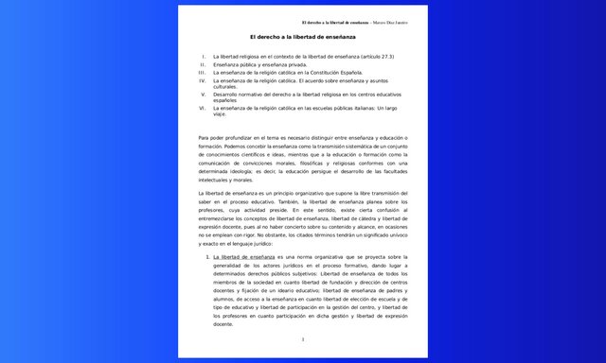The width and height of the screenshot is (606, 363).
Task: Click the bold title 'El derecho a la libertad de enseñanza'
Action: (302, 36)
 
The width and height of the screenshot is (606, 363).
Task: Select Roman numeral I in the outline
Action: (204, 57)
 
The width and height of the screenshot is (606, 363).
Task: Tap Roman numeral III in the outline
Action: (202, 72)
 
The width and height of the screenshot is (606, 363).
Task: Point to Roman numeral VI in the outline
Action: (202, 108)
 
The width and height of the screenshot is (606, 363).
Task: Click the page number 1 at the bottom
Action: (302, 338)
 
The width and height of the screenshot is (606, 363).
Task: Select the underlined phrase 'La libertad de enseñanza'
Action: (243, 256)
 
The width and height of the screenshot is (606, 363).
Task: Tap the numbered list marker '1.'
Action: (208, 256)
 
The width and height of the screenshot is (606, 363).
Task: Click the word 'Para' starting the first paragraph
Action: (205, 138)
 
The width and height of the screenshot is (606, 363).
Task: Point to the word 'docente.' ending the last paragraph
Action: (224, 324)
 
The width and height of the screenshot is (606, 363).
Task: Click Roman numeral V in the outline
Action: (203, 94)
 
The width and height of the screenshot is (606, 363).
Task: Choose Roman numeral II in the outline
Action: (203, 64)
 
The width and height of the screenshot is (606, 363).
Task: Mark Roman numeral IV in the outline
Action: (202, 79)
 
